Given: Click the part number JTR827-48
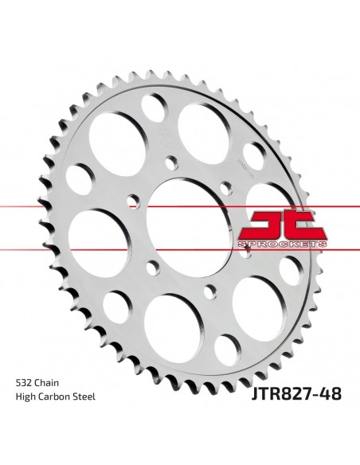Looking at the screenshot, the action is pyautogui.click(x=296, y=394).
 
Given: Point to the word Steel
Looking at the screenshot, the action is pyautogui.click(x=84, y=397).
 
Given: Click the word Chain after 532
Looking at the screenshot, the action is pyautogui.click(x=46, y=382).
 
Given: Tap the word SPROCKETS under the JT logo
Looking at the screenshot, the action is pyautogui.click(x=283, y=244).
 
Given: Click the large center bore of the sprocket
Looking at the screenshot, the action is pyautogui.click(x=189, y=229).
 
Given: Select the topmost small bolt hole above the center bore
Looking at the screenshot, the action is pyautogui.click(x=171, y=162).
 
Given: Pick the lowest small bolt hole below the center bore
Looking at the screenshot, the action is pyautogui.click(x=210, y=291).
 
